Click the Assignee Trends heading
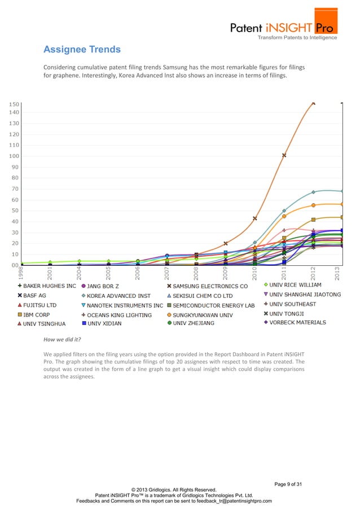pyautogui.click(x=82, y=50)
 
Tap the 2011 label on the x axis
pyautogui.click(x=284, y=273)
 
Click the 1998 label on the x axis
pyautogui.click(x=21, y=273)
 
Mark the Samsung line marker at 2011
pyautogui.click(x=284, y=155)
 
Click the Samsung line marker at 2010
pyautogui.click(x=255, y=218)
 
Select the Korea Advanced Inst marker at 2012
pyautogui.click(x=313, y=192)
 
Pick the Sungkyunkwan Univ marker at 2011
pyautogui.click(x=284, y=216)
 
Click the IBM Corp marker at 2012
pyautogui.click(x=313, y=220)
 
